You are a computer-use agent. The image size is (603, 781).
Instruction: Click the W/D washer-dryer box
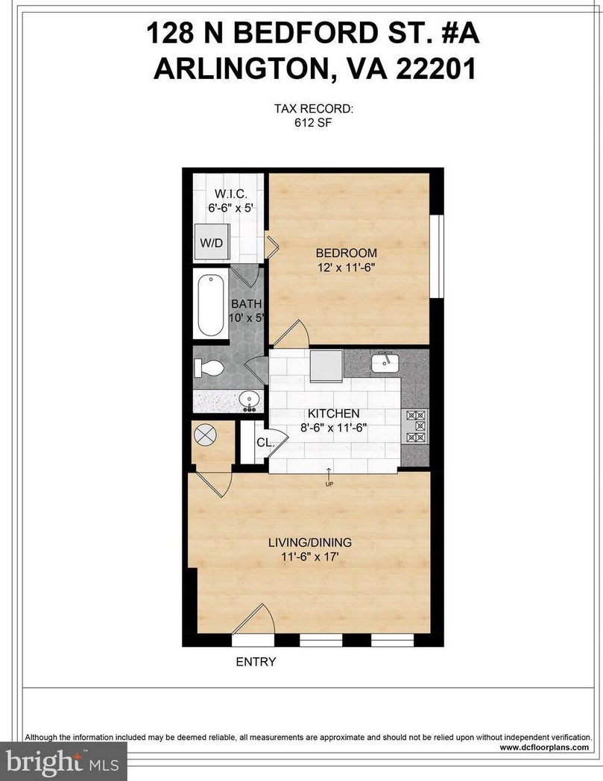[212, 244]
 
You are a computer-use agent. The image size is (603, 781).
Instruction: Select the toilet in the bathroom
[208, 367]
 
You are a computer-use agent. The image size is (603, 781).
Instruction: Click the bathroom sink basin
[249, 401]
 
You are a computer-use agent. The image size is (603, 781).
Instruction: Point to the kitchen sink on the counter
[385, 363]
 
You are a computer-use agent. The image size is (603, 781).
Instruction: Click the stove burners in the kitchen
[414, 427]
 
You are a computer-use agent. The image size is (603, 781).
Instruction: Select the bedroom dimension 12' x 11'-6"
[344, 267]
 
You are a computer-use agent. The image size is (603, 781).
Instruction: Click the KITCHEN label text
[335, 414]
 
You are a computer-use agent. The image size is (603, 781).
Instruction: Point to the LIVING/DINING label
[309, 543]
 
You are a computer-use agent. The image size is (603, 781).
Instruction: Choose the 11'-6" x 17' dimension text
[309, 557]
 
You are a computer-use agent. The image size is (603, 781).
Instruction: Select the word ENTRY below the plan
[256, 662]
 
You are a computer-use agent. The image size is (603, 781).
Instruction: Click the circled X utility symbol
[204, 434]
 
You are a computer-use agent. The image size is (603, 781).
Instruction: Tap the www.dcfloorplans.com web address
[543, 747]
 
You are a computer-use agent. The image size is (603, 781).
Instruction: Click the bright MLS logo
[63, 762]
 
